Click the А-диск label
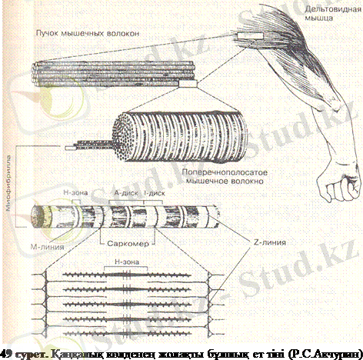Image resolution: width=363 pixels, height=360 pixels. [124, 195]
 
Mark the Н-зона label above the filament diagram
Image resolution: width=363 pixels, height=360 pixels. [127, 262]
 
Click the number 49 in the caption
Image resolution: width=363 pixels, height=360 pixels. [7, 352]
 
